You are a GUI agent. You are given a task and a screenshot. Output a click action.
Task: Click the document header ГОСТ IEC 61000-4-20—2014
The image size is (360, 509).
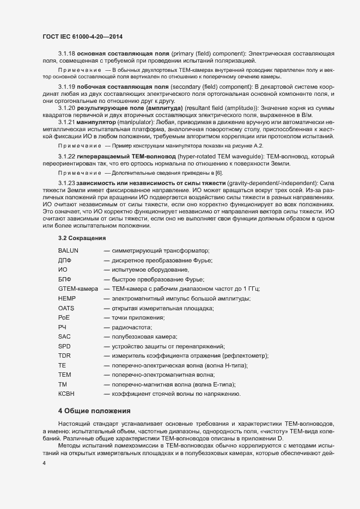click(x=82, y=36)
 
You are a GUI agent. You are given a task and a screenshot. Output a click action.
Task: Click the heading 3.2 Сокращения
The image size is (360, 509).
click(x=82, y=239)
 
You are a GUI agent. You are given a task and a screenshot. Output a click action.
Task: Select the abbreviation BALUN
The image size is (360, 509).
click(x=69, y=250)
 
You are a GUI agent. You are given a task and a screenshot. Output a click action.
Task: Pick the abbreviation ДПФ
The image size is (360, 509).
click(x=65, y=261)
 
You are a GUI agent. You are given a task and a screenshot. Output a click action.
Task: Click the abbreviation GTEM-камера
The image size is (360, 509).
click(x=77, y=289)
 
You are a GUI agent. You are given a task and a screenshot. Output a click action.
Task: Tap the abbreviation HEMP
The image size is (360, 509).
click(x=66, y=298)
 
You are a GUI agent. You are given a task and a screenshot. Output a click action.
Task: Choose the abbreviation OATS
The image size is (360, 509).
click(x=66, y=308)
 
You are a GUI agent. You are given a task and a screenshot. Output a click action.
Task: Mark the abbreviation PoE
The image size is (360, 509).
click(x=64, y=317)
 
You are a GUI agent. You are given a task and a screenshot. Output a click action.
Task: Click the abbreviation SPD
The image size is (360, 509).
click(x=64, y=346)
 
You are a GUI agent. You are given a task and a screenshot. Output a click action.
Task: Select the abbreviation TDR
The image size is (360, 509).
click(x=64, y=355)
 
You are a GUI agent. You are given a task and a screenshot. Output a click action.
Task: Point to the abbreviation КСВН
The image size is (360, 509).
click(x=66, y=394)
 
